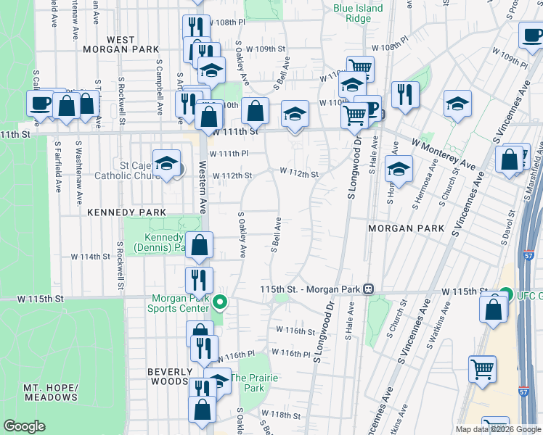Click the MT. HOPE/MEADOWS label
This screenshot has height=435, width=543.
pyautogui.click(x=50, y=392)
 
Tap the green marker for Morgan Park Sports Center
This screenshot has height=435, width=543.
pyautogui.click(x=221, y=302)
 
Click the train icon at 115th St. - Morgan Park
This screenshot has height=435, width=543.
pyautogui.click(x=368, y=289)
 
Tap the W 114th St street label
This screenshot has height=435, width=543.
pyautogui.click(x=90, y=257)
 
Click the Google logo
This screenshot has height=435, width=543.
pyautogui.click(x=24, y=426)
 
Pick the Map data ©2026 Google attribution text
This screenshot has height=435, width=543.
pyautogui.click(x=498, y=429)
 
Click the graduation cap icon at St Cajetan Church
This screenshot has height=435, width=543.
pyautogui.click(x=166, y=164)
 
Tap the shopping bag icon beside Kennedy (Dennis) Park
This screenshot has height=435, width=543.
pyautogui.click(x=199, y=246)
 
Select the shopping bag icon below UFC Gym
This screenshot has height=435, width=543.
pyautogui.click(x=494, y=309)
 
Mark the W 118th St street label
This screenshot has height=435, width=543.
pyautogui.click(x=286, y=415)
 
